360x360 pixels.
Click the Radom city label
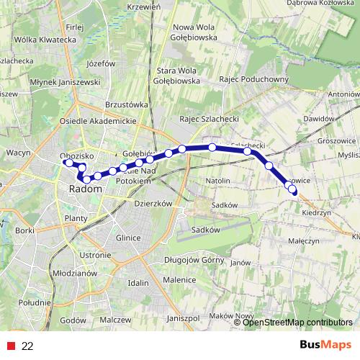click(85, 189)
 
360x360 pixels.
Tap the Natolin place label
click(217, 179)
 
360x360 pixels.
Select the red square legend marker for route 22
click(9, 346)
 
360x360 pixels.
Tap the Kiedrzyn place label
click(316, 213)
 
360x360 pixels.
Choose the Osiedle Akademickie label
click(98, 122)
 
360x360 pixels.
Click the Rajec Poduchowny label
click(255, 80)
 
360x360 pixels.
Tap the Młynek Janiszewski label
click(55, 82)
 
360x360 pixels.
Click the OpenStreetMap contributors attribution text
click(297, 323)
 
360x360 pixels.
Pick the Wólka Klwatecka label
click(45, 40)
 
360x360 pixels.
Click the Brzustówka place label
click(125, 104)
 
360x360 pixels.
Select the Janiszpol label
click(181, 318)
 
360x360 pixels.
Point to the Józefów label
click(100, 63)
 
